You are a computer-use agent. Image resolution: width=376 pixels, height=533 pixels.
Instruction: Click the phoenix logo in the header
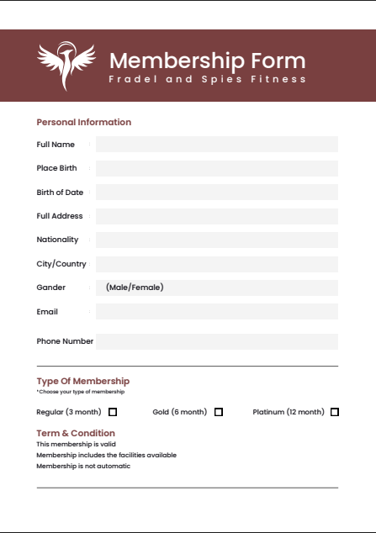(x=67, y=66)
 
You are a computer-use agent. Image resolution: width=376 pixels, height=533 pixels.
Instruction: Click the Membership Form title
(x=207, y=61)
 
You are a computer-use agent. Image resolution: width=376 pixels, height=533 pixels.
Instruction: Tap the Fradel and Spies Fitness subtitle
(x=207, y=79)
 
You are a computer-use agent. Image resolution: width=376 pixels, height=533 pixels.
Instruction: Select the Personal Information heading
(x=84, y=122)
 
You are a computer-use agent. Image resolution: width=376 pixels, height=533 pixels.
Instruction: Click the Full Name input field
(x=217, y=145)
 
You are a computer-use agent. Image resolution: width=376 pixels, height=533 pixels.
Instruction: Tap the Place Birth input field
(x=217, y=168)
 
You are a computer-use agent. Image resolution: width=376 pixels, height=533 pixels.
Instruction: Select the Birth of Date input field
(x=217, y=193)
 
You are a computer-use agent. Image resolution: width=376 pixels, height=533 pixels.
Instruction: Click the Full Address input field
(x=217, y=216)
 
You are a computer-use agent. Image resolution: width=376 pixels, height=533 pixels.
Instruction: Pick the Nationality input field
(x=217, y=240)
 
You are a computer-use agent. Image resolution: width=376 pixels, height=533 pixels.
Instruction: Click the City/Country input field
(x=217, y=264)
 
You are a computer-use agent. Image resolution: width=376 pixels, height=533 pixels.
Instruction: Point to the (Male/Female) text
(x=135, y=288)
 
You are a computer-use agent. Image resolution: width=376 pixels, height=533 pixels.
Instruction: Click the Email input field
(x=217, y=312)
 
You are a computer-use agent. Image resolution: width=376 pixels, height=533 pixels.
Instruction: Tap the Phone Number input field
(x=217, y=341)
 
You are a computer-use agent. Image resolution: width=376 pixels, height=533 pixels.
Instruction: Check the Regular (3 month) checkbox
(x=113, y=412)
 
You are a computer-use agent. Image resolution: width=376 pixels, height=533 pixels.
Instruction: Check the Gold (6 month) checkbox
(x=219, y=412)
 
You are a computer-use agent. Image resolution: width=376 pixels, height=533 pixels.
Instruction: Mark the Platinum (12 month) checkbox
(x=335, y=412)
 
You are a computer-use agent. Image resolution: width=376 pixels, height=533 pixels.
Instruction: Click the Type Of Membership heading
(x=83, y=381)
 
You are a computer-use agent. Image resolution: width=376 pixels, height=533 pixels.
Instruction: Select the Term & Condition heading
(x=76, y=433)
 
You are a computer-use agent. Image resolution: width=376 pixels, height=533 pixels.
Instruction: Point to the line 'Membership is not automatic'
(x=83, y=466)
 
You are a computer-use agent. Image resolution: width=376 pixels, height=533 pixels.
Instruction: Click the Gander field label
(x=51, y=288)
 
